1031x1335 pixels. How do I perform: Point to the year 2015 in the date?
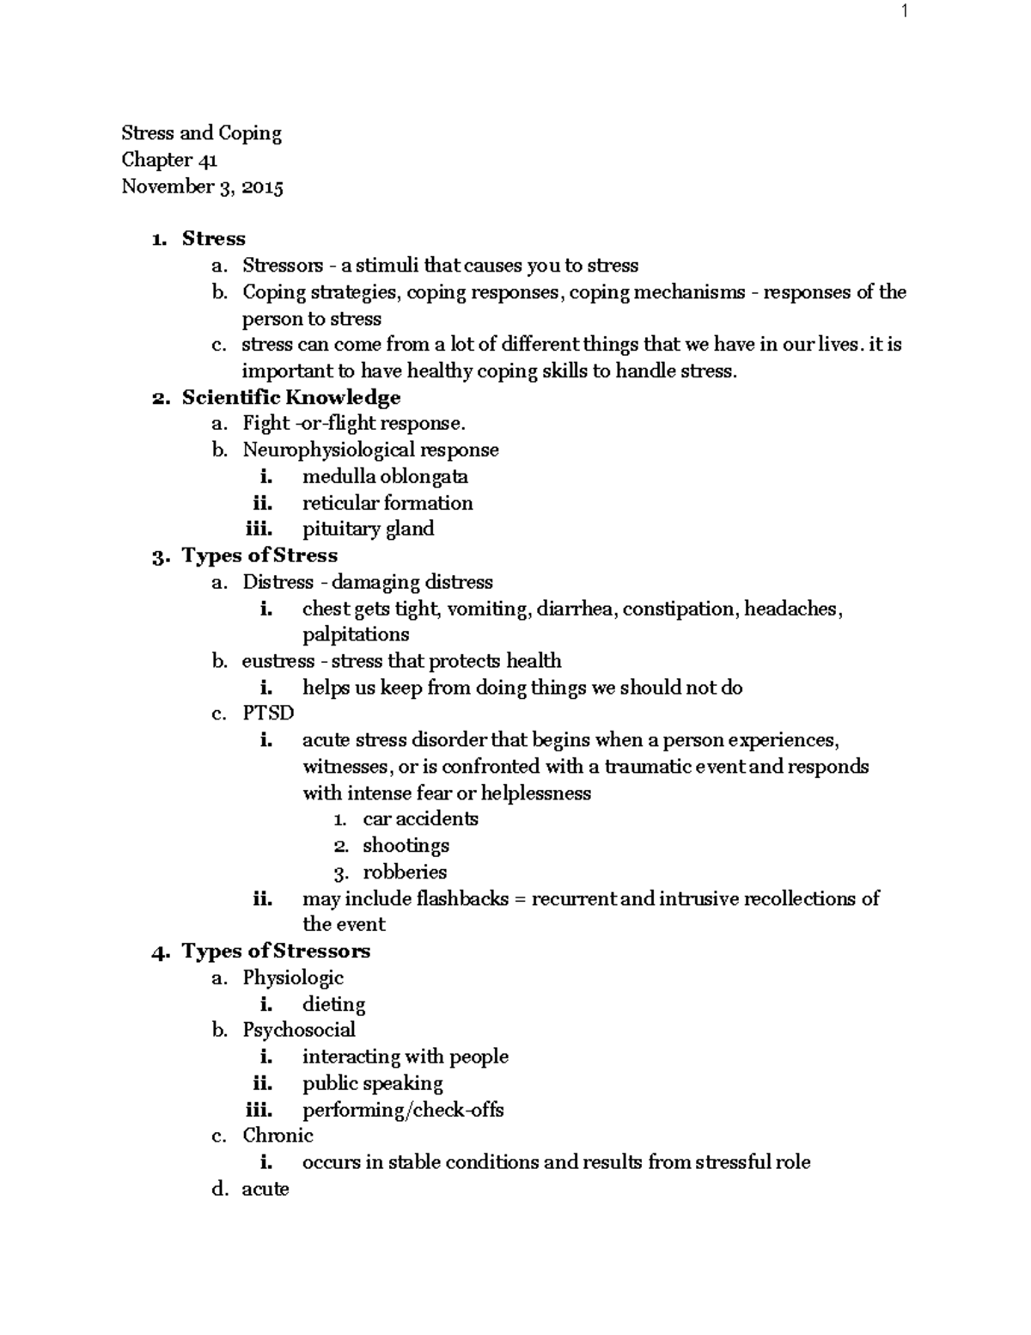pos(262,187)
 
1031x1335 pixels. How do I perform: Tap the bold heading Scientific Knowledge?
pos(290,397)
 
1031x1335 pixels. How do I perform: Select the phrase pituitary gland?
pos(368,529)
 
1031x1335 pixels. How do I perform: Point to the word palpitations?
pos(356,634)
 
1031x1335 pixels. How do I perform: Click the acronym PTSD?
pos(268,713)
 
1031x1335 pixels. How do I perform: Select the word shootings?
pos(406,846)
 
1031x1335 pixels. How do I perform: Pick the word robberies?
pos(405,872)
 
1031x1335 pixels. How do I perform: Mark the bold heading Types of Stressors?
pos(276,951)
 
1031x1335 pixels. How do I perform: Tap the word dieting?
pos(333,1004)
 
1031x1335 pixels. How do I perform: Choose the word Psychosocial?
pos(298,1030)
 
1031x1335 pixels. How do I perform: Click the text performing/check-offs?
pos(403,1110)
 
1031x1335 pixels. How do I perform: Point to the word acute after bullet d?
pos(265,1189)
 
